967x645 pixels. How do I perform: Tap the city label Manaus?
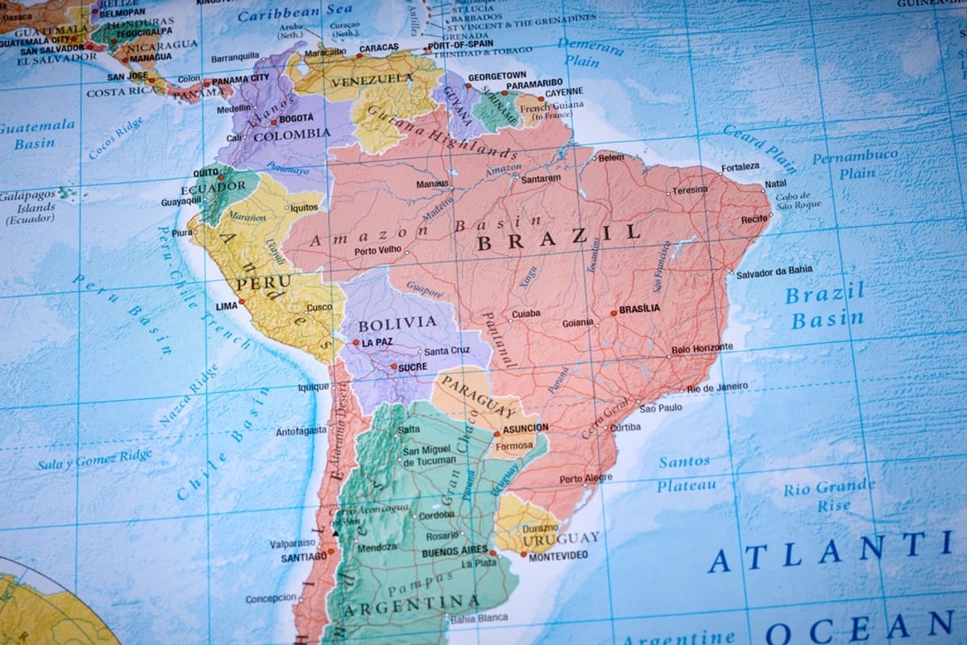(432, 184)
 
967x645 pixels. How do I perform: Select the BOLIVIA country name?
(396, 324)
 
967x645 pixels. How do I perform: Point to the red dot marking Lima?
(241, 302)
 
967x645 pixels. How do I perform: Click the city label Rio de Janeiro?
(718, 387)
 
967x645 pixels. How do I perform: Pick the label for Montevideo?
(558, 556)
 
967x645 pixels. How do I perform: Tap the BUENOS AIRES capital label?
(454, 551)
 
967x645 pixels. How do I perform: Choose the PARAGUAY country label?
(479, 393)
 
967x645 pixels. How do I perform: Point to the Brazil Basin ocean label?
(826, 306)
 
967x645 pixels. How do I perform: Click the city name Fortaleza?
(740, 167)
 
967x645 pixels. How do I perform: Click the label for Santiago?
(304, 557)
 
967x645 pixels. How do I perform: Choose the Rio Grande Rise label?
(829, 496)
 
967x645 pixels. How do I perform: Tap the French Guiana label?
(547, 110)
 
